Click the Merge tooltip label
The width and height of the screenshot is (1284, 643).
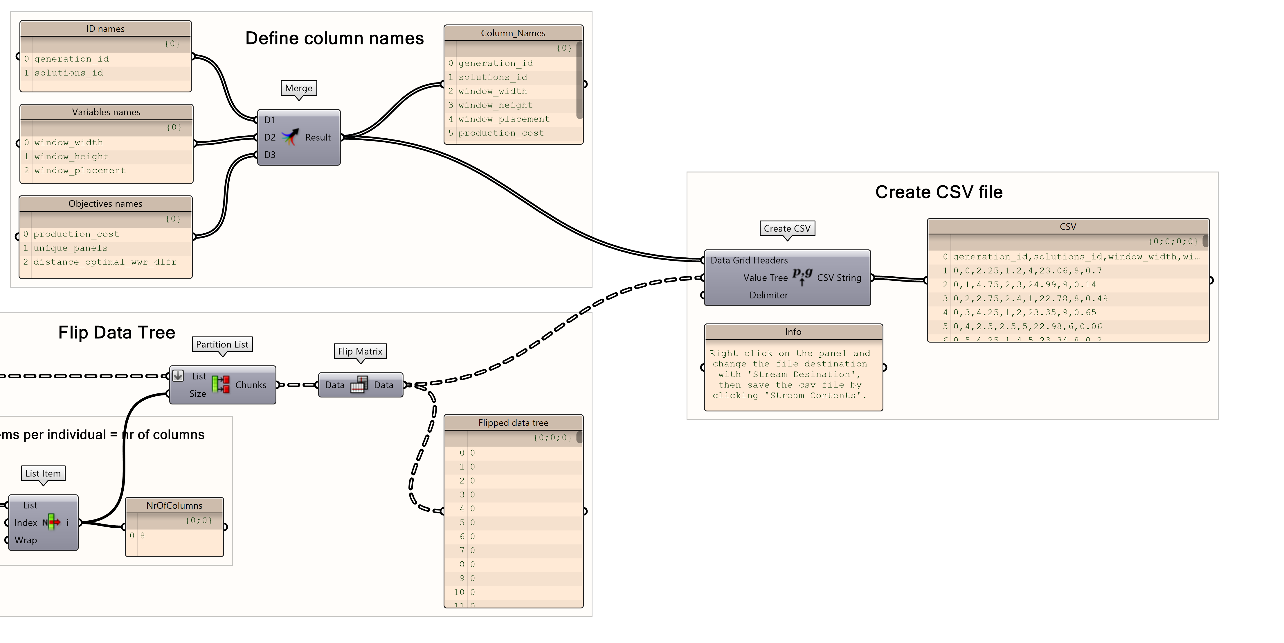click(x=298, y=88)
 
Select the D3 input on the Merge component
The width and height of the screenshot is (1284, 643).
click(x=270, y=155)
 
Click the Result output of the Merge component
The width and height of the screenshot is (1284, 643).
click(x=318, y=137)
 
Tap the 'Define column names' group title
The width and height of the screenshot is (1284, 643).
click(x=334, y=38)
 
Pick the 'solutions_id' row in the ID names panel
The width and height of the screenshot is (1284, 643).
click(x=69, y=73)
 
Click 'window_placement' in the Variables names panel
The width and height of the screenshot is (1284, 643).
click(x=80, y=171)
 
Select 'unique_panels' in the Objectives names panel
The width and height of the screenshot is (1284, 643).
click(x=70, y=248)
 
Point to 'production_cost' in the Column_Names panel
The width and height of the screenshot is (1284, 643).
click(x=501, y=133)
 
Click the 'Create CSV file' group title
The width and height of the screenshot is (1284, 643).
click(x=939, y=192)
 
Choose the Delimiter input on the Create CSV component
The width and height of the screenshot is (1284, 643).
click(x=768, y=295)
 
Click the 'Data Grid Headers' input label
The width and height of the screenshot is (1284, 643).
click(x=749, y=260)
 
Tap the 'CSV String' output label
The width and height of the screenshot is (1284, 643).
click(x=839, y=278)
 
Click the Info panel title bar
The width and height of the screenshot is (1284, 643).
click(x=793, y=332)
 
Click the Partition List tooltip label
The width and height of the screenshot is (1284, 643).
click(x=222, y=344)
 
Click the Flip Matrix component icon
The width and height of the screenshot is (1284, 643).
click(x=359, y=385)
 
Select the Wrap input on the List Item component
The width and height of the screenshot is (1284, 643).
click(x=26, y=540)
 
